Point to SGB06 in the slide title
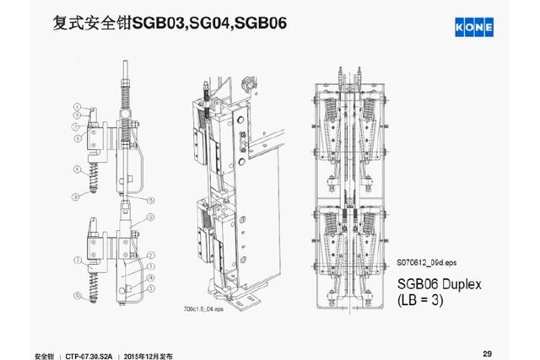(x=264, y=20)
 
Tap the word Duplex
(x=455, y=283)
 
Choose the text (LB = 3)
(x=425, y=300)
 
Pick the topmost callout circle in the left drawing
(x=76, y=106)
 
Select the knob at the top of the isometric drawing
(x=248, y=84)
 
